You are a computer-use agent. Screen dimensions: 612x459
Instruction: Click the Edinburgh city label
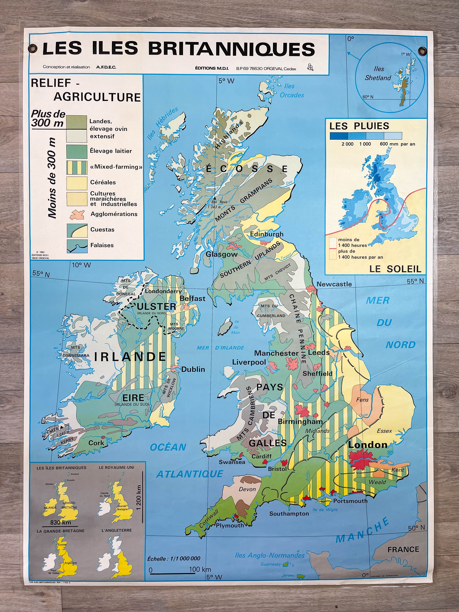[x=267, y=234]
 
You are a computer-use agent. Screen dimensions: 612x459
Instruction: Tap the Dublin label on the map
[x=193, y=369]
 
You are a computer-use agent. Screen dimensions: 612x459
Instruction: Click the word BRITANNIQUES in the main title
[x=232, y=49]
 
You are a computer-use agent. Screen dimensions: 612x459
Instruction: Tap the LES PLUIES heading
[x=359, y=126]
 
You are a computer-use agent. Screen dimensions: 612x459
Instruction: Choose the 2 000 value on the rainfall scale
[x=347, y=144]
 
